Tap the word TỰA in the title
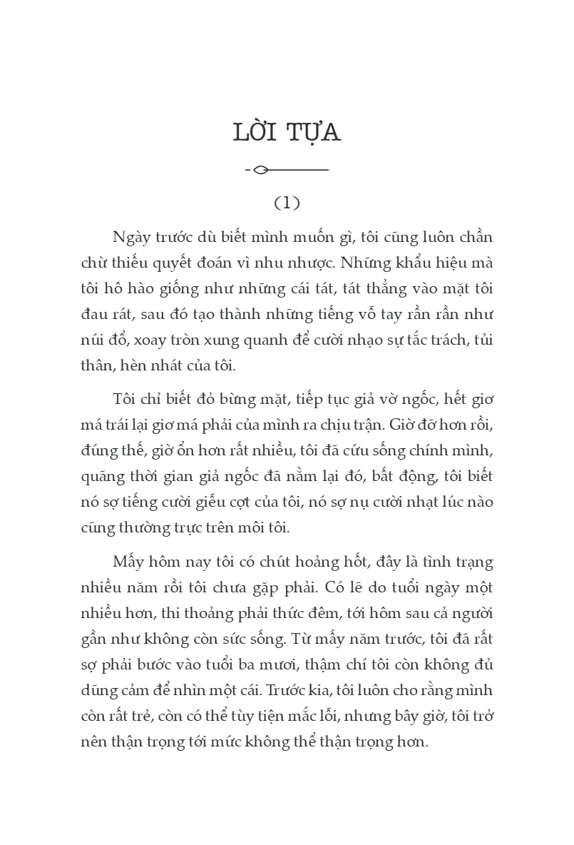(x=313, y=133)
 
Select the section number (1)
(x=287, y=203)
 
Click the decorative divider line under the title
(x=287, y=170)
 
